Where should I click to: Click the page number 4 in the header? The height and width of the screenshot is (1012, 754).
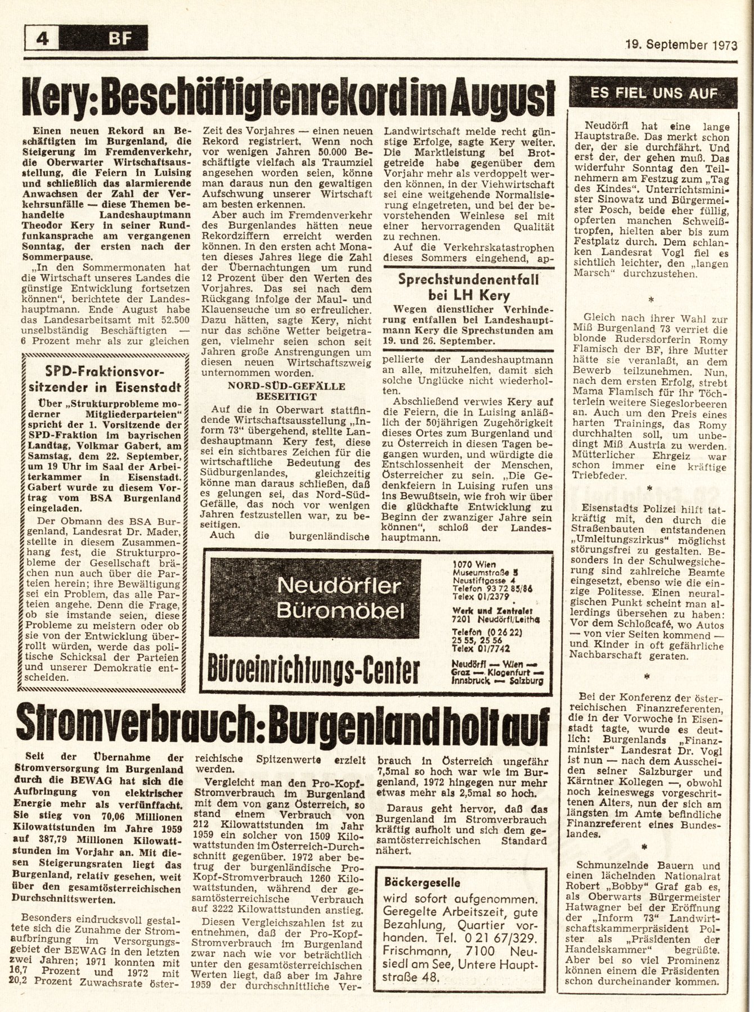click(x=42, y=40)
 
